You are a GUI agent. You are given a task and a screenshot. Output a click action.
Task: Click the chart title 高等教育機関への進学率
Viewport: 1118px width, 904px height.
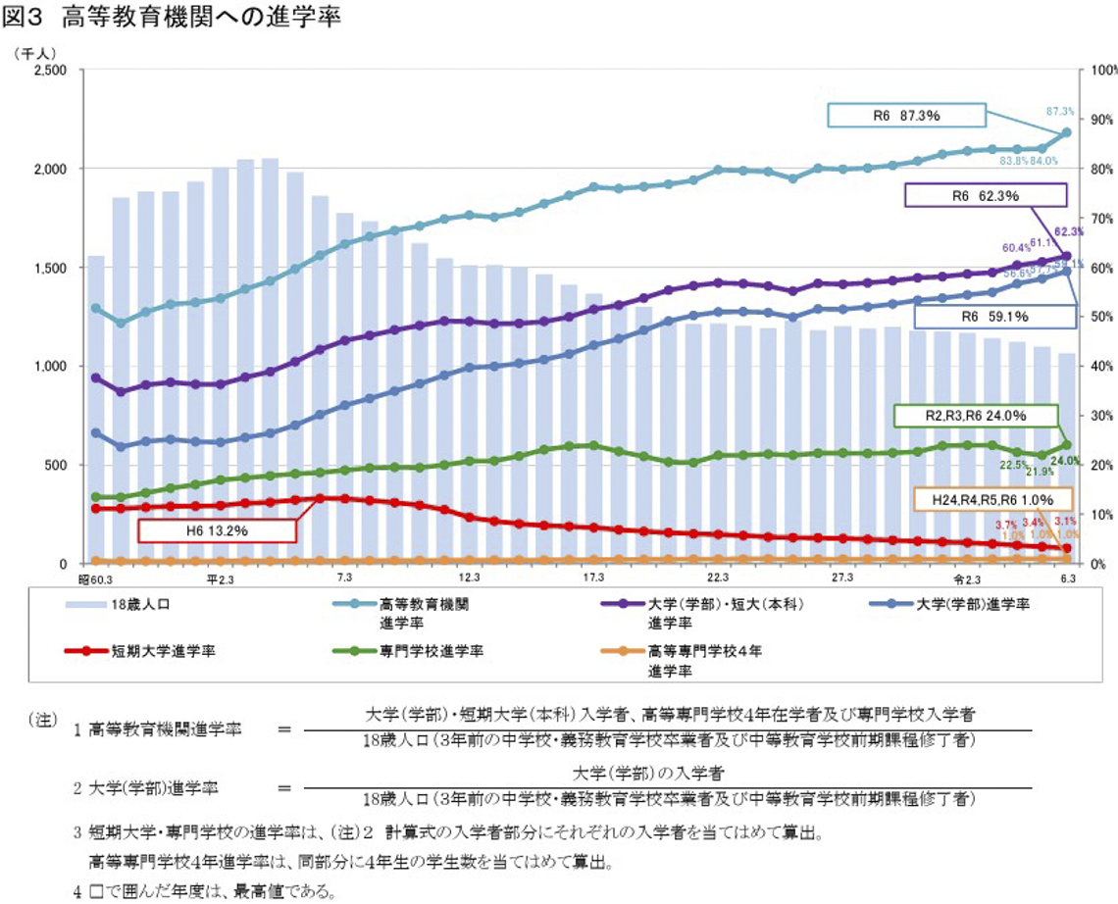201,18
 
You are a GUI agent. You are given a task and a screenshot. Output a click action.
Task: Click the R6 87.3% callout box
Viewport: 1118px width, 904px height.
906,115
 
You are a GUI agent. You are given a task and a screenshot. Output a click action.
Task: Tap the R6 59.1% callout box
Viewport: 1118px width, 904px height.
985,317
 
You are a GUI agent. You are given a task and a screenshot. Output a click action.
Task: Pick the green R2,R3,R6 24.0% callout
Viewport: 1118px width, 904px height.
975,415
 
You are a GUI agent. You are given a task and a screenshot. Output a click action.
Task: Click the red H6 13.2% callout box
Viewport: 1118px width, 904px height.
217,530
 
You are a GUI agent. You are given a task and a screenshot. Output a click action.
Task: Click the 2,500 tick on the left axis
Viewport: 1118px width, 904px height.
49,72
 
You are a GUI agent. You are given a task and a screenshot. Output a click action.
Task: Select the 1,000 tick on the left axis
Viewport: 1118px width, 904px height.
49,367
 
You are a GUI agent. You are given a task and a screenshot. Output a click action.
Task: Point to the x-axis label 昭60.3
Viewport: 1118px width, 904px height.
94,578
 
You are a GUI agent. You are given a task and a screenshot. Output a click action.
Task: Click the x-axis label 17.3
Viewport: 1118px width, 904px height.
593,578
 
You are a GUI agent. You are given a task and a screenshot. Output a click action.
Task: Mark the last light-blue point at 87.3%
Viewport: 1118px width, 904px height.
1067,132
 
